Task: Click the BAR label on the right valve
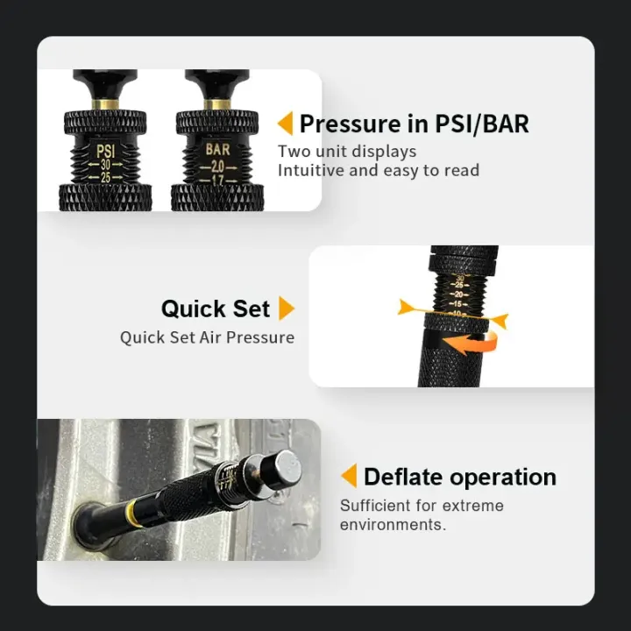coord(217,150)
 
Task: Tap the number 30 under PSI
coord(104,164)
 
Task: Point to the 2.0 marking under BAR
coord(217,166)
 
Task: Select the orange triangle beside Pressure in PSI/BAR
coord(285,124)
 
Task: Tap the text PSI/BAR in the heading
coord(482,124)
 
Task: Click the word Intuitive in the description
coord(310,170)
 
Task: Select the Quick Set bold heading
coord(216,308)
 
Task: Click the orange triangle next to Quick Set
coord(286,308)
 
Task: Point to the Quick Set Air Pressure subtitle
coord(207,337)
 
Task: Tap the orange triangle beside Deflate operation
coord(349,477)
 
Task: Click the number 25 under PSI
coord(104,178)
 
